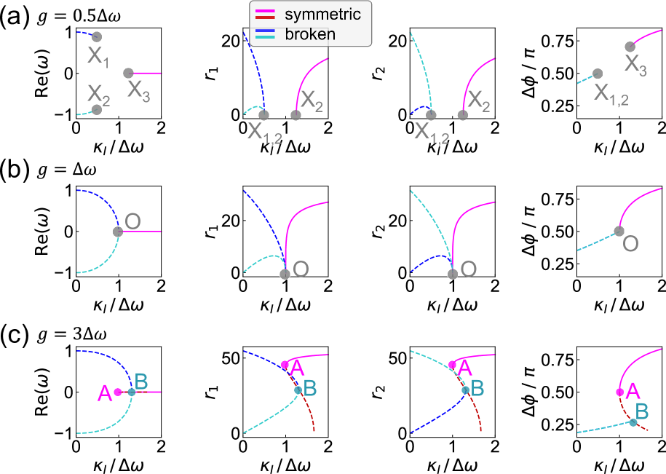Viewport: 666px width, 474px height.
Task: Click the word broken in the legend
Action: click(x=310, y=34)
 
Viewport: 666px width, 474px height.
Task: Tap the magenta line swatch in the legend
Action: click(x=263, y=10)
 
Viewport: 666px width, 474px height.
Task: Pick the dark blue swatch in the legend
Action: click(x=263, y=30)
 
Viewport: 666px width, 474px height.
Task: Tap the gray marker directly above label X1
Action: click(x=96, y=37)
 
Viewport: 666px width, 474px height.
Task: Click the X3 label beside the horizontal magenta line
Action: click(x=138, y=89)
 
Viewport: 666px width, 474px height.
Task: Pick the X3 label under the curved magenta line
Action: click(x=636, y=65)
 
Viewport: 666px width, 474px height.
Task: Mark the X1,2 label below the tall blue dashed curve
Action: click(x=264, y=132)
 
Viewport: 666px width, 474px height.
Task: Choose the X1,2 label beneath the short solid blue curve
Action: click(x=432, y=132)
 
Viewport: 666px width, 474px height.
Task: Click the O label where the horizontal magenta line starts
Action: click(x=132, y=221)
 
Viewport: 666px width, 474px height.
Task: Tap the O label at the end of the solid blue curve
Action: click(x=469, y=269)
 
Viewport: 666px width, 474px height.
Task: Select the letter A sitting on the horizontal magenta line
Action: click(x=105, y=393)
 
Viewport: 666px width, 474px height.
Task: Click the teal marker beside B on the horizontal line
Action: click(x=132, y=392)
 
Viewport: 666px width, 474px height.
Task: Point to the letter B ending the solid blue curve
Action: click(x=477, y=388)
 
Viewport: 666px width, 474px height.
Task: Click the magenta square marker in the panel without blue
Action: click(x=619, y=392)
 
